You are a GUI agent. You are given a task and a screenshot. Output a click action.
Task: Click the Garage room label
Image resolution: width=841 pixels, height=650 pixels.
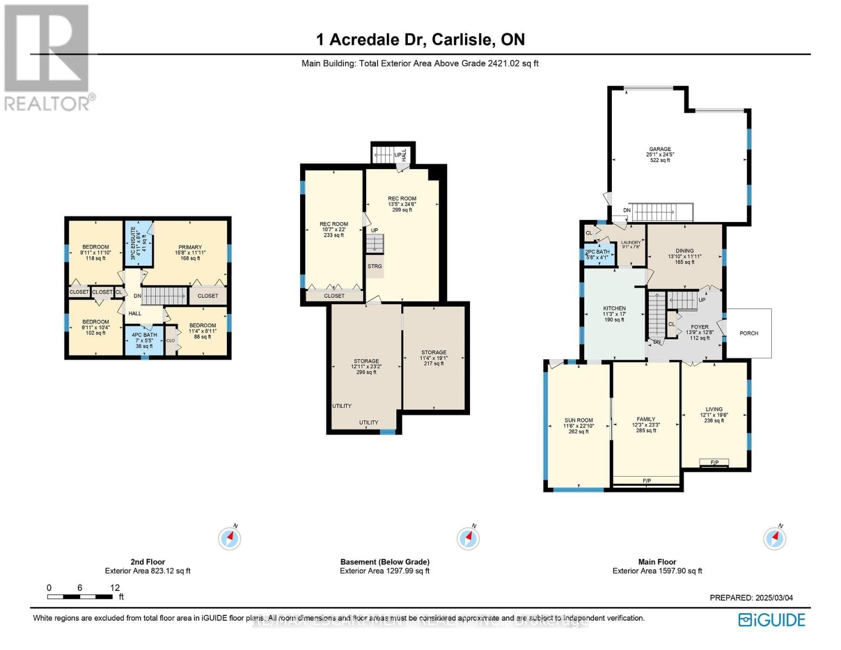660,149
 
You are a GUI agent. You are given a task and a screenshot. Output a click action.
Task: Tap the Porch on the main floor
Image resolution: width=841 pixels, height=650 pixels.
748,333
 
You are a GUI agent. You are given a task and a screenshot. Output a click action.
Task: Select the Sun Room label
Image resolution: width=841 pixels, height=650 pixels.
578,420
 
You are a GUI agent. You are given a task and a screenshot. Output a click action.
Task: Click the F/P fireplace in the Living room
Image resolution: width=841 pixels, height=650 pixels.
714,463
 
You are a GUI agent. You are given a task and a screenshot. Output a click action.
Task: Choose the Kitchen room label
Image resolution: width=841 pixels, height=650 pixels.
614,309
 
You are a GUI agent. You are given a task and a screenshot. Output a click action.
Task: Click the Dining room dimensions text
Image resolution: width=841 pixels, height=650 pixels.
684,257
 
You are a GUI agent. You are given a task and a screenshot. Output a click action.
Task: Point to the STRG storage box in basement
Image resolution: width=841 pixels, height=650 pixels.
375,266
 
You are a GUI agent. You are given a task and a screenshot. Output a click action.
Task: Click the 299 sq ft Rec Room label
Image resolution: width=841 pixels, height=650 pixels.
402,199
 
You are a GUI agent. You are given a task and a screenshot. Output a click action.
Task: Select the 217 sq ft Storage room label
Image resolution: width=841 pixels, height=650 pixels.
434,353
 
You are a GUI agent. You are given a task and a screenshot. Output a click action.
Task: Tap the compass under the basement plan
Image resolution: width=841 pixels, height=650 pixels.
468,538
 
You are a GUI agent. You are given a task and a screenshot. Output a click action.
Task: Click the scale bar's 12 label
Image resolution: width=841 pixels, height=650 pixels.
115,588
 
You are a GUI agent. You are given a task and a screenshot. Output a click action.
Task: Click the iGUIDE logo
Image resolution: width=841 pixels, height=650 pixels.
772,620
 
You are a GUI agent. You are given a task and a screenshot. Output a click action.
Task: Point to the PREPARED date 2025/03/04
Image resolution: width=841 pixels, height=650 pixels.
751,598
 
